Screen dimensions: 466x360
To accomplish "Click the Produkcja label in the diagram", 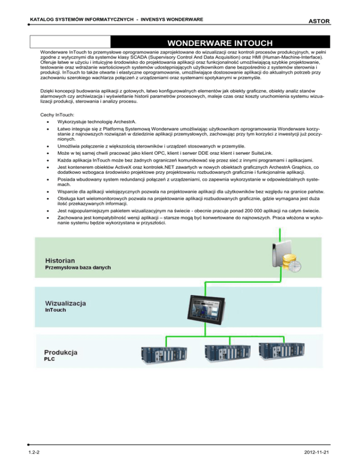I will coord(61,352).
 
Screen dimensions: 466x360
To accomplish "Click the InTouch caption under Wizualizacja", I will coord(57,311).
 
